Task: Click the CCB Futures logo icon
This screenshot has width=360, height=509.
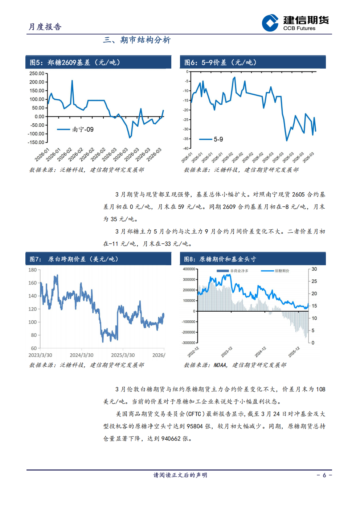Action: (x=270, y=23)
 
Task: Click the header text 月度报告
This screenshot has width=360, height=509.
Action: (x=45, y=27)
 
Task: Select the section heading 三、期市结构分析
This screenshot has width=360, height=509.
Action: (x=137, y=40)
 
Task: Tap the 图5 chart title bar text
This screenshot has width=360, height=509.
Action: (x=75, y=62)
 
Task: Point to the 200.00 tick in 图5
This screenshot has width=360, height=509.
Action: (x=37, y=82)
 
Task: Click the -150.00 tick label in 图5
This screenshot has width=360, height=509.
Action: (x=36, y=142)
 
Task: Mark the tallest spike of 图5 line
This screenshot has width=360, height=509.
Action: (x=72, y=81)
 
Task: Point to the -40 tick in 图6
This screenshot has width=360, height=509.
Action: (x=186, y=148)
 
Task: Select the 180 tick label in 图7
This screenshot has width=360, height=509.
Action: (x=33, y=270)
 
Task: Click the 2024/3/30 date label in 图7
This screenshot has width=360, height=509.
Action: (x=81, y=355)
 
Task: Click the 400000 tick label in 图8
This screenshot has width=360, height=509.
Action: (x=189, y=269)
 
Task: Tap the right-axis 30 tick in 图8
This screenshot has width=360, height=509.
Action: (x=314, y=269)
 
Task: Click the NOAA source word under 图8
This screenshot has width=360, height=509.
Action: (x=220, y=365)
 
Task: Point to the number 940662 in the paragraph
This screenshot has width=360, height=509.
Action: (x=171, y=439)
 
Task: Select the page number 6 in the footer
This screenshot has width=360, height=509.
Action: (x=324, y=475)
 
